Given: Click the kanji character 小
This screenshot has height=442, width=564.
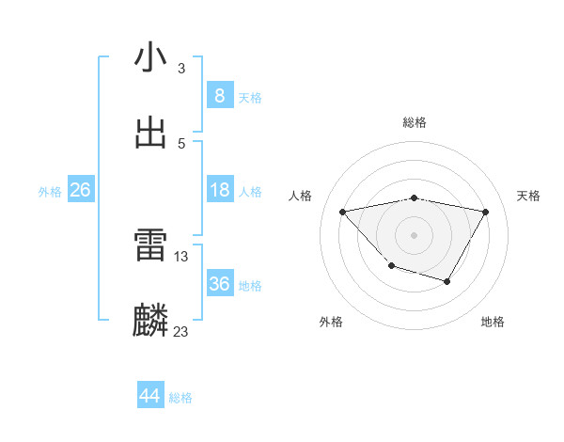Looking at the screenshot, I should point(150,57).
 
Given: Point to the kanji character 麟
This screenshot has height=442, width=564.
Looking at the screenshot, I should point(150,321).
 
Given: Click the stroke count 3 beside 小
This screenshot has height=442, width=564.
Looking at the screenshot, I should point(181,69).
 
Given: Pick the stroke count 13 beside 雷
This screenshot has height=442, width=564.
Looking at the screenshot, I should point(181,256).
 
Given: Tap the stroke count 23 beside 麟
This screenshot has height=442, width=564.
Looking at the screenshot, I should point(181,331).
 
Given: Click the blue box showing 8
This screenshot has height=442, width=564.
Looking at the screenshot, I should point(219,95).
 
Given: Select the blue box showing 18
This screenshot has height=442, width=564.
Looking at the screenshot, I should point(219,190).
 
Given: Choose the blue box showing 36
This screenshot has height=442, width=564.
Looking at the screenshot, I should point(219,284).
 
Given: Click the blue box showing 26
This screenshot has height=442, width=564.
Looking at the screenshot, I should point(80,190).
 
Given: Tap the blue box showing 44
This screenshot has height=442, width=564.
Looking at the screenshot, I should point(150,396).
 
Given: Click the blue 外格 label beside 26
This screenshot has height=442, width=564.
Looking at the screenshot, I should point(50,191).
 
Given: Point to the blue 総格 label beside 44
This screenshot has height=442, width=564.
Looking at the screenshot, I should point(180,398).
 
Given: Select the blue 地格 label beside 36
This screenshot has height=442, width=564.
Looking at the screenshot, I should point(251,285).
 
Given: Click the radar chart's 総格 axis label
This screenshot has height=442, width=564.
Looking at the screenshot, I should point(415,122).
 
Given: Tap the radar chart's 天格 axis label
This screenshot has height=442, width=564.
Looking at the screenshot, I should point(529,196).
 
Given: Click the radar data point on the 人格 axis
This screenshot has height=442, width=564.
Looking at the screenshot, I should point(343,212).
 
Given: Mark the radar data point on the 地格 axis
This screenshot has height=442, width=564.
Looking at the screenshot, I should point(447,281).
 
